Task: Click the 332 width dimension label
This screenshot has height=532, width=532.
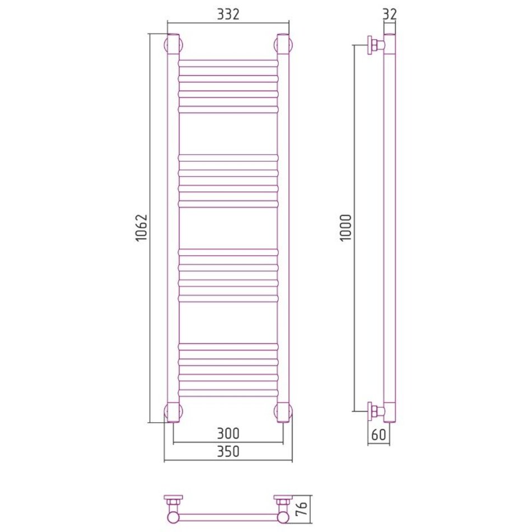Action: click(x=228, y=14)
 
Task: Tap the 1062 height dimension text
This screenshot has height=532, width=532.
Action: click(x=142, y=227)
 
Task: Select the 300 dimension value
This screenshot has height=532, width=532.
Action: click(x=228, y=433)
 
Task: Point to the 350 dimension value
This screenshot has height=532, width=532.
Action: click(x=228, y=451)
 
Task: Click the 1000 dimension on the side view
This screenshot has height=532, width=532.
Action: click(x=346, y=227)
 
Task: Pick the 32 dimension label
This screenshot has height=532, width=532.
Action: click(x=390, y=14)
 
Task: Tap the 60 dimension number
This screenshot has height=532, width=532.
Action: click(x=379, y=435)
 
